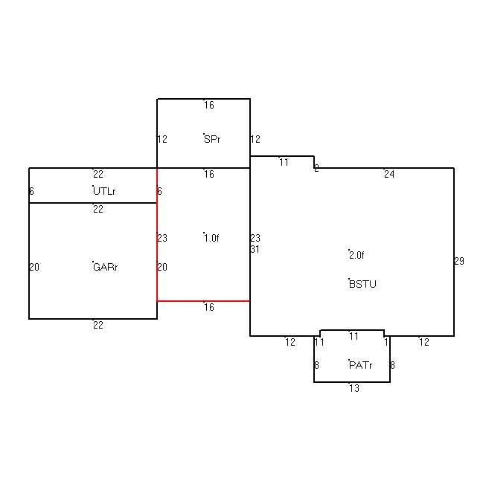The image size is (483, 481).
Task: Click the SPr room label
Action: point(212,139)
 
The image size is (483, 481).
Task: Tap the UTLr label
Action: point(104,191)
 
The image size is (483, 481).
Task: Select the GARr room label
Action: point(106,267)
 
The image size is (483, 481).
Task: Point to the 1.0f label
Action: point(211,238)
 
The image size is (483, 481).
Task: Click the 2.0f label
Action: point(356,255)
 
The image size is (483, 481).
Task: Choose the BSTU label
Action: point(362,284)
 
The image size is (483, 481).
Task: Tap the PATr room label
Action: point(361,365)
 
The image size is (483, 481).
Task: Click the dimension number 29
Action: point(459,261)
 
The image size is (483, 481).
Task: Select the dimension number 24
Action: point(389,174)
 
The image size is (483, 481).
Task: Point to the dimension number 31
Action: point(255,249)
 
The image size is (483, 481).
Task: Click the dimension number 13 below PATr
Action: point(354,388)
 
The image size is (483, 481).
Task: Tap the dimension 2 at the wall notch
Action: point(316,168)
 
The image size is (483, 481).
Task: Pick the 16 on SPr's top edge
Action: point(209,105)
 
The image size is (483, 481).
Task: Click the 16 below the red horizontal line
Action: point(209,307)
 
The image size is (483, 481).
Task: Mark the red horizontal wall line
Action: point(203,301)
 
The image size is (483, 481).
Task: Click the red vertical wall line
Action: point(157,234)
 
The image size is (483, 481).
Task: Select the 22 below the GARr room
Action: point(98,325)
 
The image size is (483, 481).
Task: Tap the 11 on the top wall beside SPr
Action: point(284,162)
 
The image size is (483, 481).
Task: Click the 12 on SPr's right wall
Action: point(255,139)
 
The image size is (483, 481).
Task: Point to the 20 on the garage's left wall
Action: point(34,267)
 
